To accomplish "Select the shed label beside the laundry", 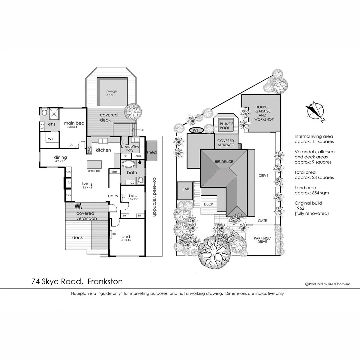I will coord(151,152).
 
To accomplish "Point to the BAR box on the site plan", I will coord(186,189).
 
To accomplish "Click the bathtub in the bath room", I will coord(129,164).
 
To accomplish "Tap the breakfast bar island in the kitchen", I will coord(94,165).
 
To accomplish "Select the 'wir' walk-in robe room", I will coord(50,138).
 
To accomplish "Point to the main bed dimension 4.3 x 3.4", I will coord(72,127).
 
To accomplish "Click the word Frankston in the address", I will coord(105,281).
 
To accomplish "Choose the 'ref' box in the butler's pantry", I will coord(126,156).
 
